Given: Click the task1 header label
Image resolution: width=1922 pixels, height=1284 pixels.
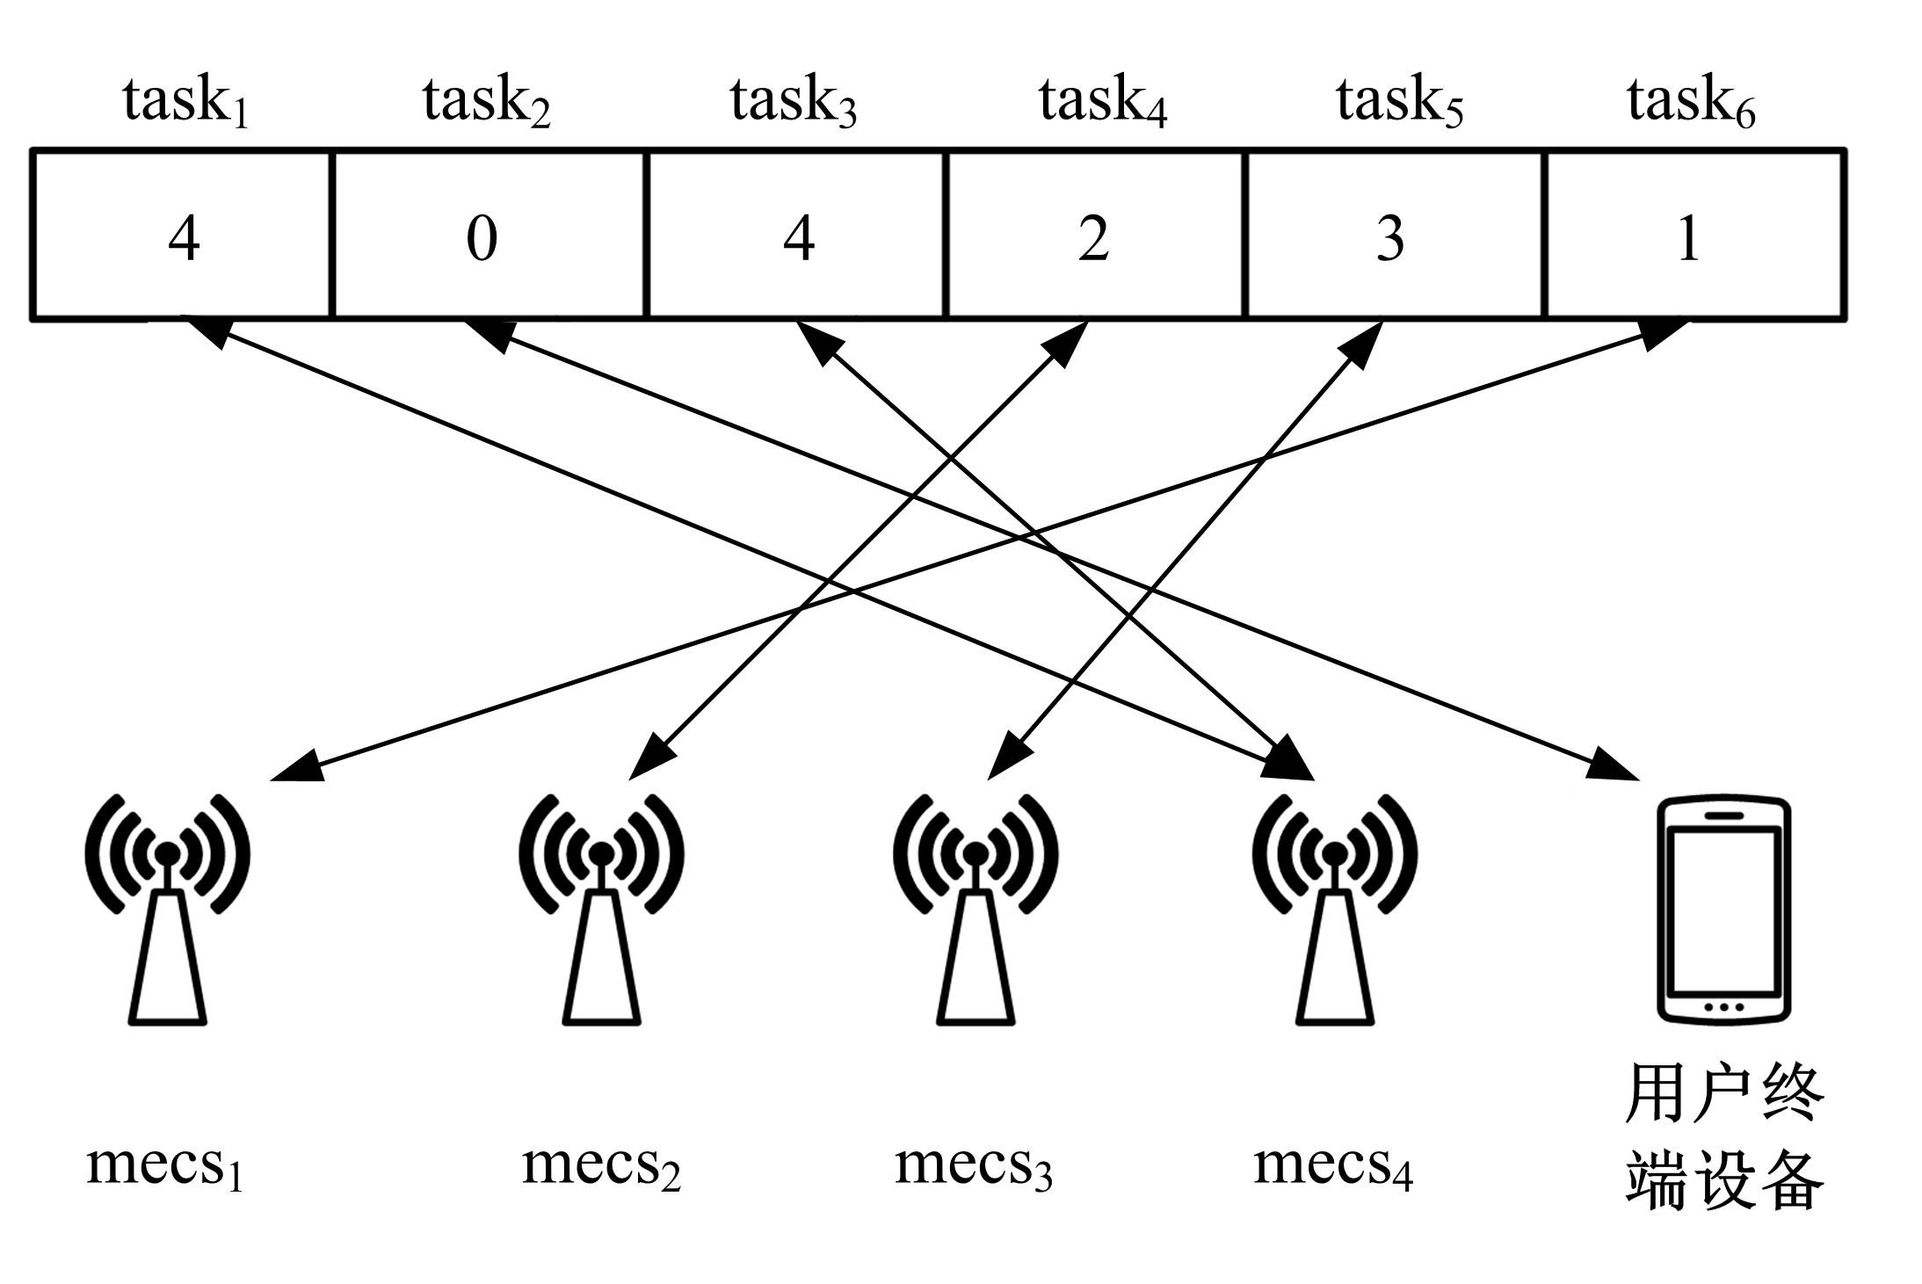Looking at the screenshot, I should coord(185,101).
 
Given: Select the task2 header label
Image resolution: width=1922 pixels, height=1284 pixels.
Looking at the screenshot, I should coord(486,101).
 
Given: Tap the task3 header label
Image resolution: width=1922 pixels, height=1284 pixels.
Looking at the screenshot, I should coord(793,101).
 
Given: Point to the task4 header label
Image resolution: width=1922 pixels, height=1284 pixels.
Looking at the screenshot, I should coord(1102,101).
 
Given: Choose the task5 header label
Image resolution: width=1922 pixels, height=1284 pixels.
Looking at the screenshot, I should coord(1399,101).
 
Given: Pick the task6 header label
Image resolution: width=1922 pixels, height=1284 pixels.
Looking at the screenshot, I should coord(1690,101).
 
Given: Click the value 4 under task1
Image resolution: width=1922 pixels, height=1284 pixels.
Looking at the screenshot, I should coord(184,237).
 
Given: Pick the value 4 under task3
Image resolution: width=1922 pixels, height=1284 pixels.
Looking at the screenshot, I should coord(798,237).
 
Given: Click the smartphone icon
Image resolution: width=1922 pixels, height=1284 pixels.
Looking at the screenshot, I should coord(1723,910).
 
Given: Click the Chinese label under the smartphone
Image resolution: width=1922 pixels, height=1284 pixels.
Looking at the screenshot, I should coord(1723,1137).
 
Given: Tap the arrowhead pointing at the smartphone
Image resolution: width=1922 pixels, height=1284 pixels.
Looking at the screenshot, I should coord(1615,766).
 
